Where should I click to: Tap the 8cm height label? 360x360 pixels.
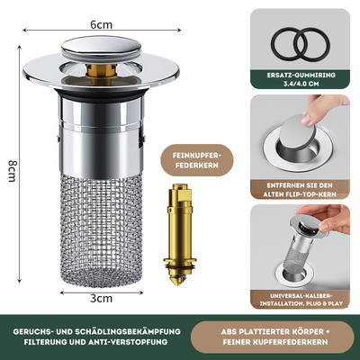click(11, 169)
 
